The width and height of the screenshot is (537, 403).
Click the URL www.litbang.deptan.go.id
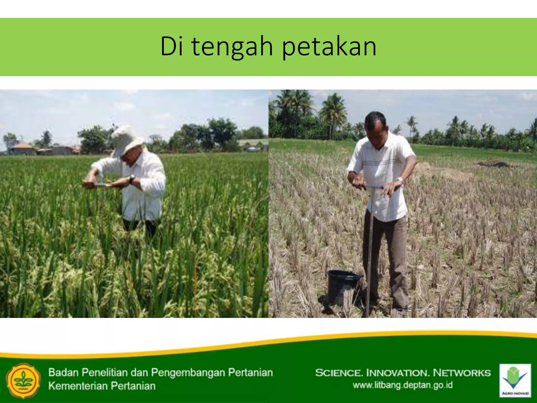[x=402, y=385]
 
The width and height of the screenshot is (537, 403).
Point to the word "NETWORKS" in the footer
[x=461, y=373]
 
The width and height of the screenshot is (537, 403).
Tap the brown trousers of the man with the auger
[x=385, y=252]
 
